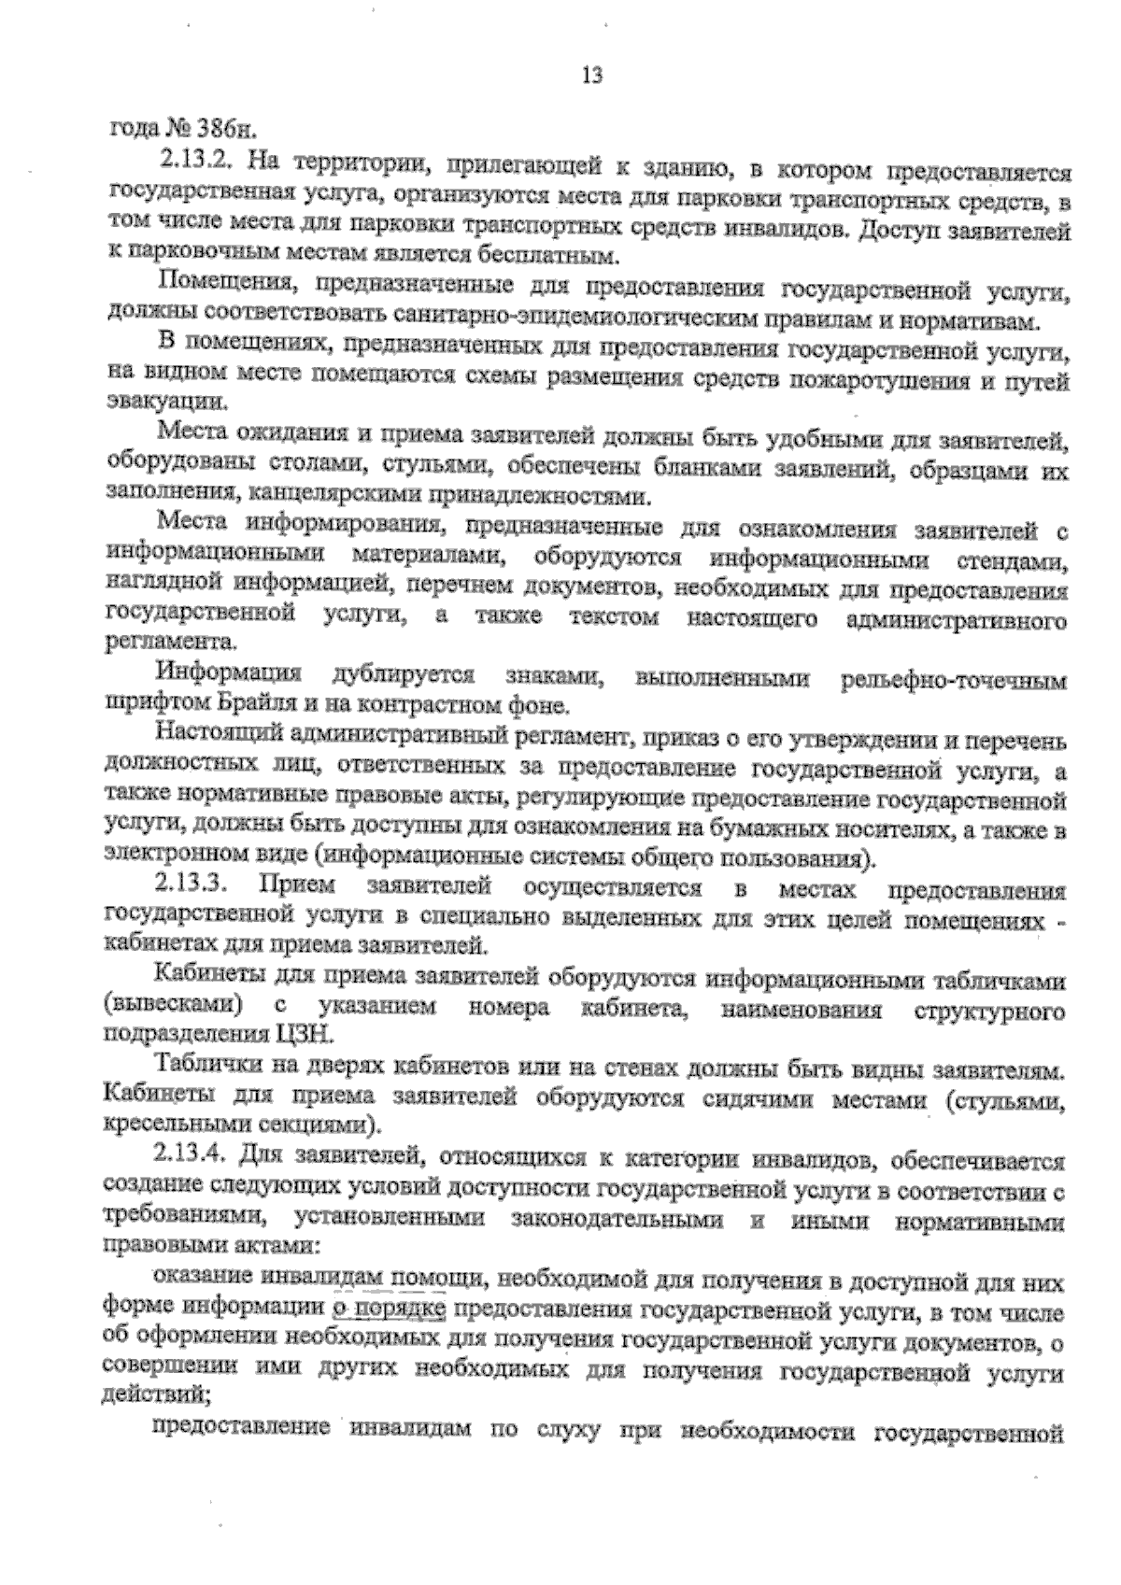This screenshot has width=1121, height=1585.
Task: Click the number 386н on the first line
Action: (222, 128)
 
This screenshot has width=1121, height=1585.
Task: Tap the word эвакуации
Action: (167, 405)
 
